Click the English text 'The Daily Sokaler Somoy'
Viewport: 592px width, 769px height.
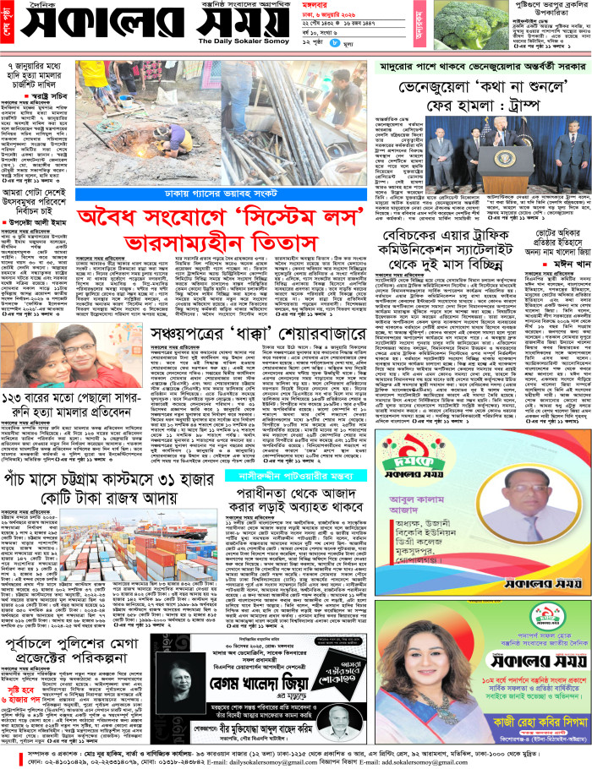[250, 41]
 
